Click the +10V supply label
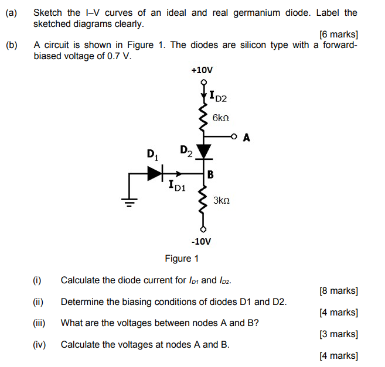[202, 70]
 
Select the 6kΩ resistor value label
[221, 118]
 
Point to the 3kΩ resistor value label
[222, 200]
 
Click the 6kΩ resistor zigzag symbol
[203, 117]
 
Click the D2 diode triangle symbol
[203, 152]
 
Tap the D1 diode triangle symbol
[154, 173]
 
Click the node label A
[246, 138]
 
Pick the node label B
[210, 174]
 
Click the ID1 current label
[177, 187]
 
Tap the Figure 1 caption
[182, 258]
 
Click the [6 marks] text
[338, 35]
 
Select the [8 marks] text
[338, 290]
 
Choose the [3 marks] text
[338, 334]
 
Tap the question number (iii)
[38, 323]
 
